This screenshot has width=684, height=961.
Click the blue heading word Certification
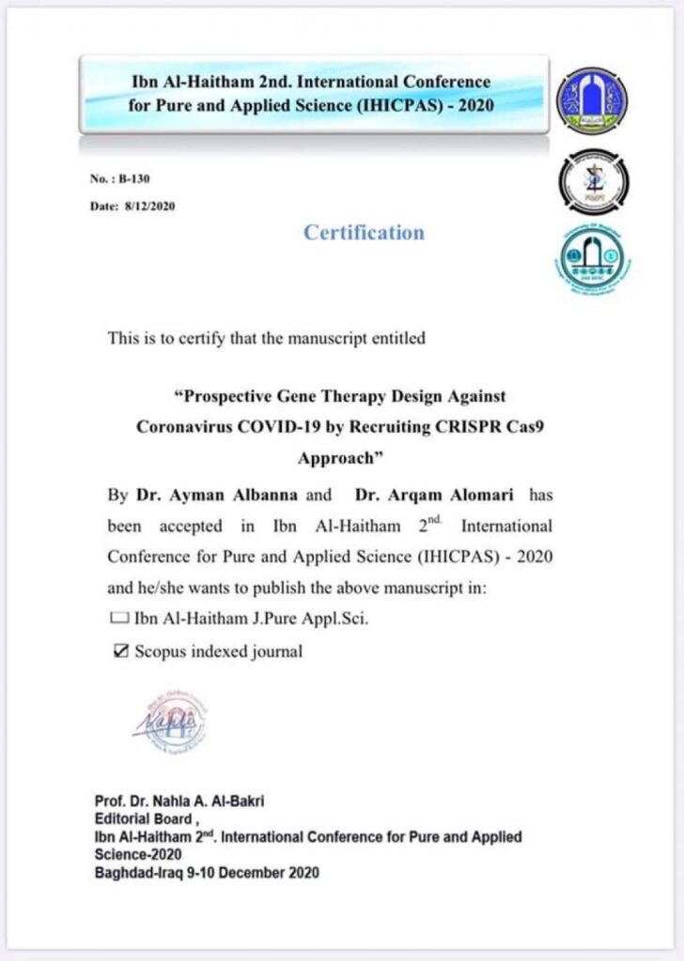click(364, 233)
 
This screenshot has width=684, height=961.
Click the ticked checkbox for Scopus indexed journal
click(119, 650)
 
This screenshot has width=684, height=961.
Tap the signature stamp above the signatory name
click(170, 722)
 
